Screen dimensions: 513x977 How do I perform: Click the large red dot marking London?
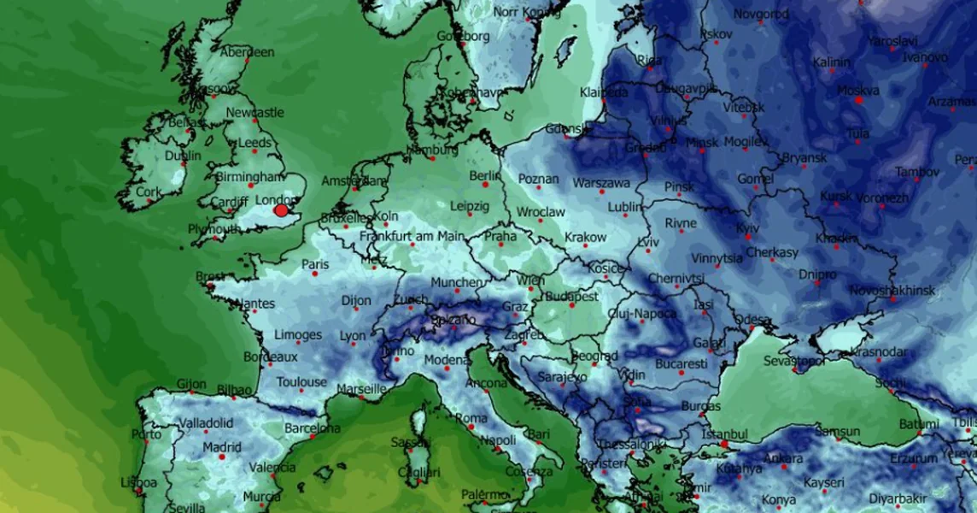281,210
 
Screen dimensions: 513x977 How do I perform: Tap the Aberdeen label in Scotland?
248,52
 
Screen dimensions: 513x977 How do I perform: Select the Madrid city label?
222,447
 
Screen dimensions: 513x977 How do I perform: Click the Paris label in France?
315,265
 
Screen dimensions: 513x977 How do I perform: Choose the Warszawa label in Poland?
601,183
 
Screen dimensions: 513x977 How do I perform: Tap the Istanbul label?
724,434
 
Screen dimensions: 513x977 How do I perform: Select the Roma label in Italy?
471,418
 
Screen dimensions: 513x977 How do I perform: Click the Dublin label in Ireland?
182,156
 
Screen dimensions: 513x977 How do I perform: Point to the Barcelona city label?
313,427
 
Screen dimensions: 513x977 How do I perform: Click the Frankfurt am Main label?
412,236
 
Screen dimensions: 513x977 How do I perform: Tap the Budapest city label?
572,296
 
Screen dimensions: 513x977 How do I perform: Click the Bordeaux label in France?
271,357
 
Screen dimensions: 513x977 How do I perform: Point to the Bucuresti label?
681,363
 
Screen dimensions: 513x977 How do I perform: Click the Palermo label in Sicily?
486,494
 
